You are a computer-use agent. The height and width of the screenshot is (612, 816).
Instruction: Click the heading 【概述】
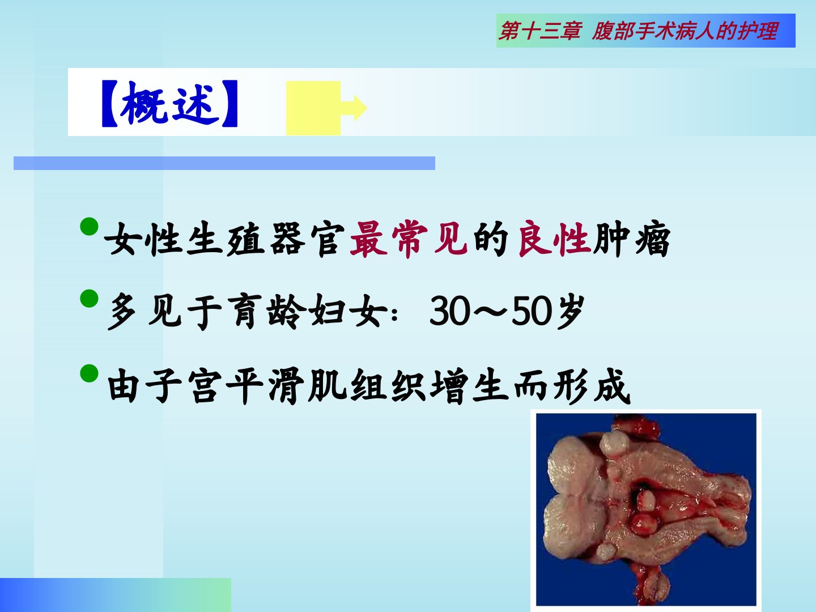169,104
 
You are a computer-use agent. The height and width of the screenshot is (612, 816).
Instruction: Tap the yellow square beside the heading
313,108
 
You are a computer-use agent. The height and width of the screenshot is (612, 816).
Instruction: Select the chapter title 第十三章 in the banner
540,31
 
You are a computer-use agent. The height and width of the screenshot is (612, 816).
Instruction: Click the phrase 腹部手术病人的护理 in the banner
685,31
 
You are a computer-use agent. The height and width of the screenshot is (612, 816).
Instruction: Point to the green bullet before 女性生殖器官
89,226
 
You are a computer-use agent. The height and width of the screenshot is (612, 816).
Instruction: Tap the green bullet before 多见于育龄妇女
89,299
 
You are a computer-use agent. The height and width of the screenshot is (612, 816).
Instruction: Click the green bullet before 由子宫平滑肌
89,373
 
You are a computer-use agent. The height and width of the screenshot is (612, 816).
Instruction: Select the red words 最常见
409,239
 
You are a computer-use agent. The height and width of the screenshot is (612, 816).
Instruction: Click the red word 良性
554,239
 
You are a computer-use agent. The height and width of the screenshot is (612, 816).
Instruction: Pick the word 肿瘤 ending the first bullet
632,239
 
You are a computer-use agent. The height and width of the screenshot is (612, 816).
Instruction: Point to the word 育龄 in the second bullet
267,312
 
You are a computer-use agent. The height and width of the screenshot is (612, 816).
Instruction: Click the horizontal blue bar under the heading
224,163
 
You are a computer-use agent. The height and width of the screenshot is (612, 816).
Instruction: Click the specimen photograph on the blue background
646,510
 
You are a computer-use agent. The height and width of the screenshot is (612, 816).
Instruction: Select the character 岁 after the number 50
569,312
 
